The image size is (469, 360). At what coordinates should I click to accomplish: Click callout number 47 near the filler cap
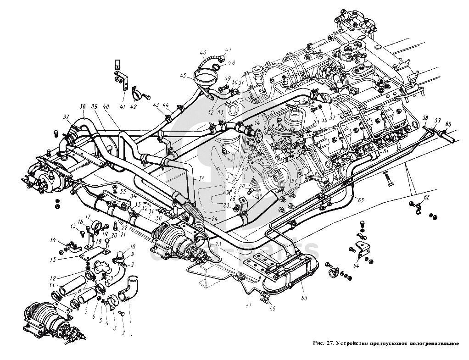coord(228,50)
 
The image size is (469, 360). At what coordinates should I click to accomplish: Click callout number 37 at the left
coord(66,116)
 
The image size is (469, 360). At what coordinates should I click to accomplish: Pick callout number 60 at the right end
coord(448,124)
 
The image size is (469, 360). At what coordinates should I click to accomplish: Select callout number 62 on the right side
coord(426,197)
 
